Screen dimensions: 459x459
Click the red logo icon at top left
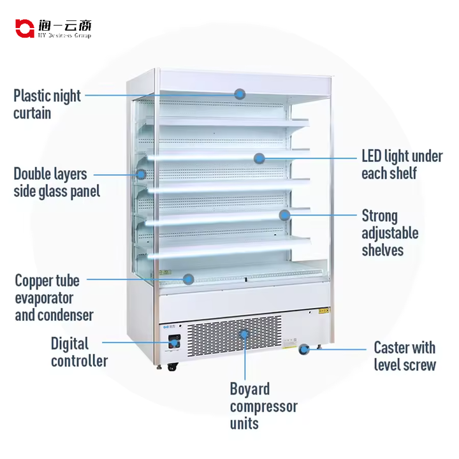24,27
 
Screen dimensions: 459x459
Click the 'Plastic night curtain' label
47,104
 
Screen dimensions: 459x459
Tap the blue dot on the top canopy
239,94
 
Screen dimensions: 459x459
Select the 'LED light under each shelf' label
402,164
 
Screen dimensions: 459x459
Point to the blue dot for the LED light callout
259,157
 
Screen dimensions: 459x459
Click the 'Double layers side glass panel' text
57,182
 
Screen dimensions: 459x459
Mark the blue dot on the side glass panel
141,173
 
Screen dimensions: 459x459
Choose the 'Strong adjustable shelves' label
390,233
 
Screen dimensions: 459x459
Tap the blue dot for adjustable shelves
285,215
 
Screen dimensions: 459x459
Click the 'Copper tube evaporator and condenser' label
54,297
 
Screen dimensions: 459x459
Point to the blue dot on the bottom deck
188,279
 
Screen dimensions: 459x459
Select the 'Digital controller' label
78,352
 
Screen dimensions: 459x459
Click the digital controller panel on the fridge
174,342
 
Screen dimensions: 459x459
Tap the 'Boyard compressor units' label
263,406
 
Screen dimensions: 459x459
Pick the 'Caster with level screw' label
404,356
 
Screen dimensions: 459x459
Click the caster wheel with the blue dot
305,349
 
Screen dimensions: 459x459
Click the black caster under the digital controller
172,367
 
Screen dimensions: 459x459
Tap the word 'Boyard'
250,389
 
